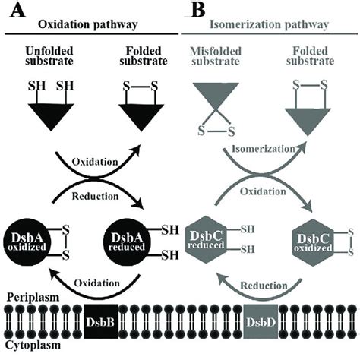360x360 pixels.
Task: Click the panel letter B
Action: (196, 12)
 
